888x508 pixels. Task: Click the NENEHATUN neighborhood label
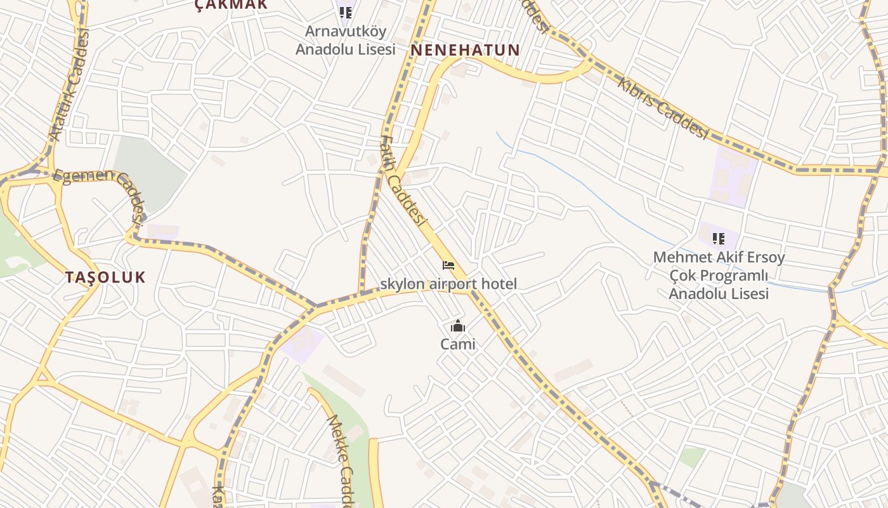466,50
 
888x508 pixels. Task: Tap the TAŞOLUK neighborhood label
105,277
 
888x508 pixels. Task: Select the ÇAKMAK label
231,5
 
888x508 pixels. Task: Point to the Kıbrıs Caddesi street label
662,108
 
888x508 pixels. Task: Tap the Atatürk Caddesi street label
70,86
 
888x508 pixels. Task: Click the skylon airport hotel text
448,284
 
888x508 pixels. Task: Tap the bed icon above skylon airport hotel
448,265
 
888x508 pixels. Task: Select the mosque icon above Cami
458,327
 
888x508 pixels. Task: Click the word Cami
458,344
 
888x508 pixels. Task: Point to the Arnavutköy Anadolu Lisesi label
346,40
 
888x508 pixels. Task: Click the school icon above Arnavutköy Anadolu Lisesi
346,13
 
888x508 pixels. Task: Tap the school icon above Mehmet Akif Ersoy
719,239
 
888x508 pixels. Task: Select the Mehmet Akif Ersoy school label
719,275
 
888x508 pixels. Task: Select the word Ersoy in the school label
766,258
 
